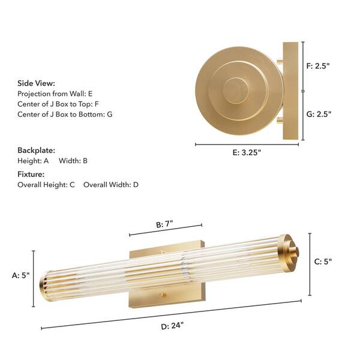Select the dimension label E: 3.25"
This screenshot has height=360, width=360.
[x=246, y=152]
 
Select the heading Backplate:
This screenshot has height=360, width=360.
[x=36, y=150]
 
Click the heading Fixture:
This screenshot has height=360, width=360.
[x=31, y=173]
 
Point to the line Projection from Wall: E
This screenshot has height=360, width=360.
[x=55, y=94]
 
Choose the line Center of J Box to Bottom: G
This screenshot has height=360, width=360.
[x=65, y=114]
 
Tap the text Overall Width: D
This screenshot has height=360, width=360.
[x=111, y=185]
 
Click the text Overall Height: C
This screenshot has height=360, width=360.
[x=46, y=185]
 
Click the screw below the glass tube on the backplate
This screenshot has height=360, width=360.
[x=163, y=295]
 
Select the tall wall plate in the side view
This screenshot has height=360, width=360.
[x=290, y=92]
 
